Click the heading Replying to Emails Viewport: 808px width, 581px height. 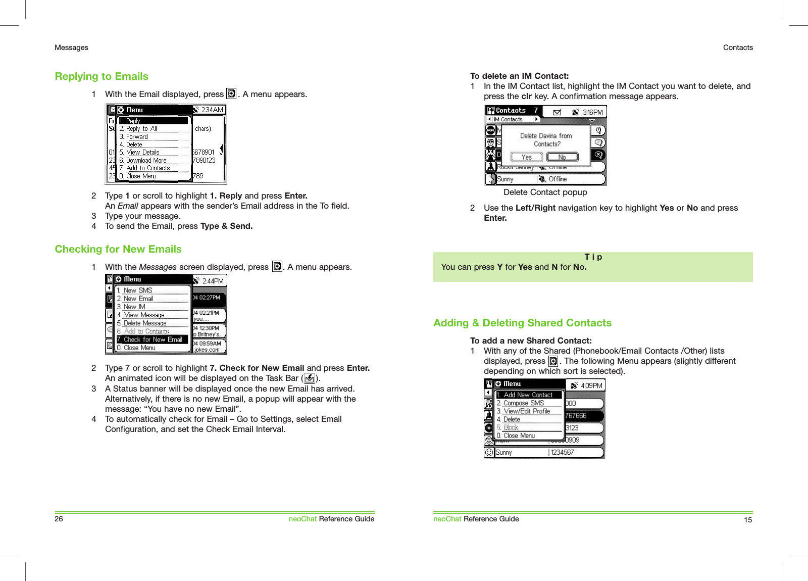[x=102, y=76]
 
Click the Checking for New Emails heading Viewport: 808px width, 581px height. [x=118, y=249]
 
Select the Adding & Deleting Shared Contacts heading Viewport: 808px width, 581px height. [x=522, y=323]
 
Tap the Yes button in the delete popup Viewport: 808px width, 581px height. [x=527, y=157]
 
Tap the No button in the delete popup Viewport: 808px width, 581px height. [x=562, y=157]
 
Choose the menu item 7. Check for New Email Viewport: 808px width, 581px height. [x=153, y=340]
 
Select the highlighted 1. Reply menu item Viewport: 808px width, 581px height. [x=153, y=121]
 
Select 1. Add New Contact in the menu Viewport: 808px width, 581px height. [x=528, y=395]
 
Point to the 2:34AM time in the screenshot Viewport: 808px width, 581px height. [x=212, y=110]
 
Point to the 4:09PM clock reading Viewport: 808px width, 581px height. [x=591, y=385]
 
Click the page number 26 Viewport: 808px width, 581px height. [x=59, y=519]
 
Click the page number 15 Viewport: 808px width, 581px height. [x=748, y=520]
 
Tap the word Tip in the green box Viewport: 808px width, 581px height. [x=593, y=257]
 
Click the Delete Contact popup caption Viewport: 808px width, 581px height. [x=545, y=192]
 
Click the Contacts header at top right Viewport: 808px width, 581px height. [x=738, y=47]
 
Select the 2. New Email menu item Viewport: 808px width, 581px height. [x=138, y=299]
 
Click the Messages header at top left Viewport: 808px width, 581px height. [x=71, y=47]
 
